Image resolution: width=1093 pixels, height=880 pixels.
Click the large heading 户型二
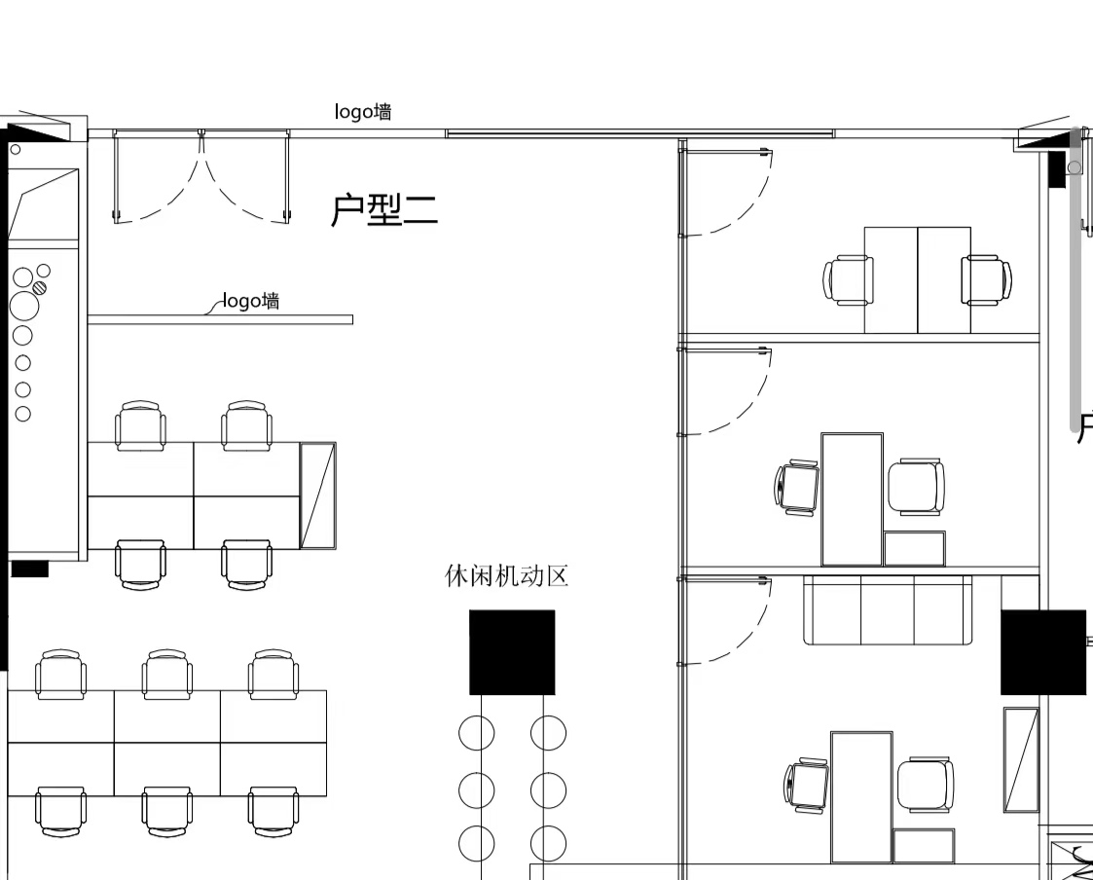tap(384, 210)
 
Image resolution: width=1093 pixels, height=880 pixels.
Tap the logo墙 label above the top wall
tap(362, 112)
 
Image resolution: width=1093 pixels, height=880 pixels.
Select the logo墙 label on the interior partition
tap(252, 301)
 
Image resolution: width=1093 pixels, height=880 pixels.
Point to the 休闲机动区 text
tap(507, 576)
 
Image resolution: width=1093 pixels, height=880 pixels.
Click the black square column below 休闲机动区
tap(512, 652)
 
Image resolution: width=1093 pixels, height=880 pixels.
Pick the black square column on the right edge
tap(1043, 652)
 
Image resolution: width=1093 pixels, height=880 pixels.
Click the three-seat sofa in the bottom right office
tap(888, 610)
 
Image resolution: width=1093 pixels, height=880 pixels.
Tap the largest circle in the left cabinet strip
tap(24, 306)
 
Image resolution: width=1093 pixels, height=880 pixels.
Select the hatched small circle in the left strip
tap(41, 286)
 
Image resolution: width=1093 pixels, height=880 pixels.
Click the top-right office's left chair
tap(848, 279)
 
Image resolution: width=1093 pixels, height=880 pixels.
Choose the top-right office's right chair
tap(987, 279)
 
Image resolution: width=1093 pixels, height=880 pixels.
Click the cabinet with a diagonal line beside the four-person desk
tap(318, 495)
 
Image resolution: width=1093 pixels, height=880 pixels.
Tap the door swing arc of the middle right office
tap(754, 409)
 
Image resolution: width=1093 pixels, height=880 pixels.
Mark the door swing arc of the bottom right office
tap(754, 639)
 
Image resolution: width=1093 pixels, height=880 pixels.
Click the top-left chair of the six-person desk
tap(61, 675)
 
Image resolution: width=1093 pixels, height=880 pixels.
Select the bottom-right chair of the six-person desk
tap(273, 812)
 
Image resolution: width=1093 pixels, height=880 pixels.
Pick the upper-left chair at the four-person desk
tap(141, 425)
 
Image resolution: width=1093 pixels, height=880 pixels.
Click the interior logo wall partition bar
tap(220, 320)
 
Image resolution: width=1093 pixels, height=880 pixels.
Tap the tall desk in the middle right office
tap(853, 499)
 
